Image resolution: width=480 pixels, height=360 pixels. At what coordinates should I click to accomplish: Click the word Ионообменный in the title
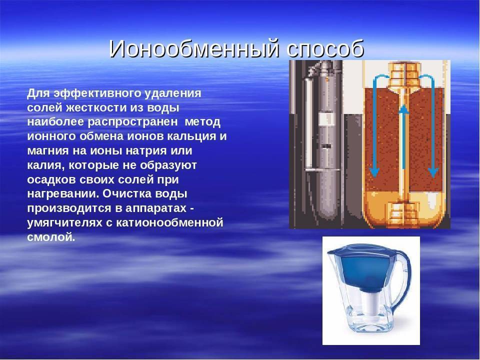click(194, 48)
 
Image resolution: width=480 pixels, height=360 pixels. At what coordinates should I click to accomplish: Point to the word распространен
click(133, 122)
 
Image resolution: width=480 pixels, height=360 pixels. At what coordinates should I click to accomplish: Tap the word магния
click(48, 151)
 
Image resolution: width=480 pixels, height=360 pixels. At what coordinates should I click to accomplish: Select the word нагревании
click(63, 194)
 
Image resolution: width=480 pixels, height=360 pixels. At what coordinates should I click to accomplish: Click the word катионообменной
click(169, 222)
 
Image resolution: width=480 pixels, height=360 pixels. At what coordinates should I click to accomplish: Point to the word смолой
click(51, 237)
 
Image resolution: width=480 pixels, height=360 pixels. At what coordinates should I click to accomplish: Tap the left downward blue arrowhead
click(374, 172)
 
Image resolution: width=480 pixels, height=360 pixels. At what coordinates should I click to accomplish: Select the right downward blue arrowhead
click(433, 172)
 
